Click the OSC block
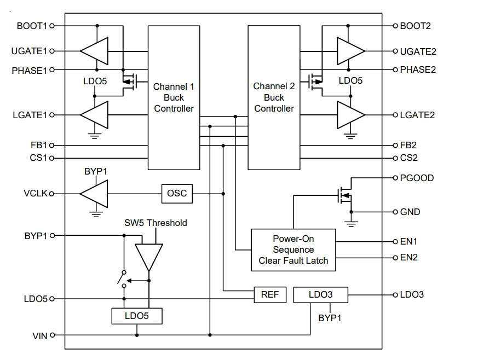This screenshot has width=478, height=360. pyautogui.click(x=177, y=193)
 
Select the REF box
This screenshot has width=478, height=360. pyautogui.click(x=270, y=294)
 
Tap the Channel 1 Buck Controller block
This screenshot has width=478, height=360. pyautogui.click(x=174, y=97)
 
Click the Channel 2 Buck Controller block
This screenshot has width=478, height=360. pyautogui.click(x=274, y=97)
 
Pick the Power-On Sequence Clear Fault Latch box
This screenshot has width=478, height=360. pyautogui.click(x=293, y=249)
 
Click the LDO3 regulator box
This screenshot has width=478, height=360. pyautogui.click(x=320, y=294)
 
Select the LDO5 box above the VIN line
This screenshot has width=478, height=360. pyautogui.click(x=137, y=316)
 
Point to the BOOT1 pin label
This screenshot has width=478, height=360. pyautogui.click(x=32, y=26)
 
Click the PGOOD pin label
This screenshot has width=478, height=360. pyautogui.click(x=417, y=178)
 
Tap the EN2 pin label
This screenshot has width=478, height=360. pyautogui.click(x=408, y=257)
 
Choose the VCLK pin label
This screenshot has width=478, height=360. pyautogui.click(x=36, y=193)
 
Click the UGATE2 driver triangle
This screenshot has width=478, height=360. pyautogui.click(x=351, y=51)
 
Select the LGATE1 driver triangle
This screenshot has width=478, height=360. pyautogui.click(x=94, y=115)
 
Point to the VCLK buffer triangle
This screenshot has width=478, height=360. pyautogui.click(x=94, y=194)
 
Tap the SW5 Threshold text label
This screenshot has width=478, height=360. pyautogui.click(x=156, y=223)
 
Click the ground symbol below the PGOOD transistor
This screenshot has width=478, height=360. pyautogui.click(x=351, y=224)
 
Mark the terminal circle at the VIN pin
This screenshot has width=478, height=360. pyautogui.click(x=53, y=335)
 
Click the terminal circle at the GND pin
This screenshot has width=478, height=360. pyautogui.click(x=395, y=212)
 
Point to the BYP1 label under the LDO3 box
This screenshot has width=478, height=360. pyautogui.click(x=330, y=318)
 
